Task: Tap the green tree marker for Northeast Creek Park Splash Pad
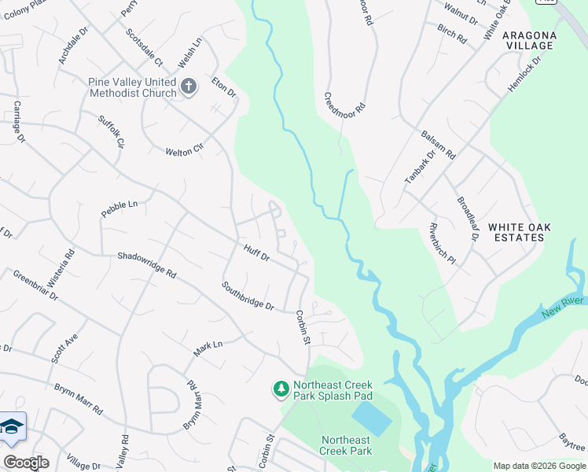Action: [281, 389]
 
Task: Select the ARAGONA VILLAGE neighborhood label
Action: [540, 41]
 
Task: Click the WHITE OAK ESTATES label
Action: [519, 233]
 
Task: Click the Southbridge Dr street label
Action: [248, 296]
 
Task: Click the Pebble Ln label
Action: [119, 208]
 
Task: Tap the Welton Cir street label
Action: [185, 151]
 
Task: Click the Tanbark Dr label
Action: [419, 167]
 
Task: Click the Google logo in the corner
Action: [26, 463]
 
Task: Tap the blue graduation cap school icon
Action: [12, 428]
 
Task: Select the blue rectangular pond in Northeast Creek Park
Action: [370, 419]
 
